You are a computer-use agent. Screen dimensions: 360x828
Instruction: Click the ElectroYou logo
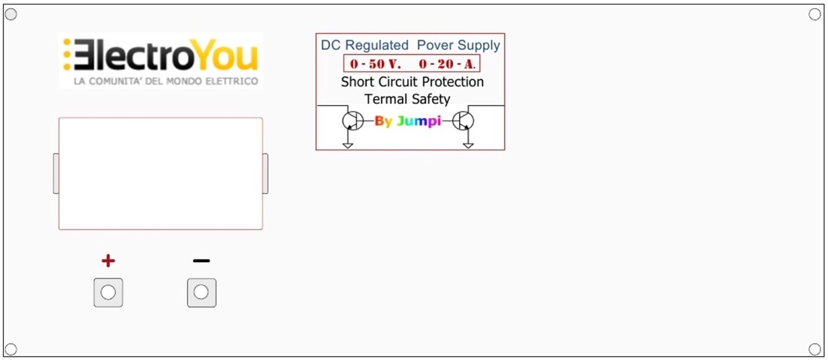pyautogui.click(x=161, y=60)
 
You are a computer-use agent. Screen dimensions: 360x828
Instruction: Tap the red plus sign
pyautogui.click(x=108, y=261)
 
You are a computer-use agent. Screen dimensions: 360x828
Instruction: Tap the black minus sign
pyautogui.click(x=201, y=261)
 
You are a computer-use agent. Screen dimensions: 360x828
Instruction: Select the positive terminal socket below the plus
pyautogui.click(x=108, y=292)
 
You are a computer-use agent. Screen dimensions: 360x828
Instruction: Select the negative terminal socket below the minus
pyautogui.click(x=201, y=292)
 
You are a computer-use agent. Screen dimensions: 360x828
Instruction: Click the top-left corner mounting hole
pyautogui.click(x=11, y=14)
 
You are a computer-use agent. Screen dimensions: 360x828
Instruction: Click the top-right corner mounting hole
pyautogui.click(x=814, y=14)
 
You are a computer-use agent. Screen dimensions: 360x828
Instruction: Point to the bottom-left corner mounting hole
pyautogui.click(x=11, y=349)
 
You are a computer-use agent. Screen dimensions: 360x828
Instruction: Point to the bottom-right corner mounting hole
pyautogui.click(x=814, y=349)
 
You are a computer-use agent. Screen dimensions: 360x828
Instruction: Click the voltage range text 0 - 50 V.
pyautogui.click(x=376, y=64)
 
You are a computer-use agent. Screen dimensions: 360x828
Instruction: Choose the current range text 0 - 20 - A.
pyautogui.click(x=447, y=64)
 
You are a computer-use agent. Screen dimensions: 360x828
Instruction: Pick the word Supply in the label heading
pyautogui.click(x=479, y=45)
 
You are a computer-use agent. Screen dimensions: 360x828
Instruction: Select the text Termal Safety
pyautogui.click(x=407, y=98)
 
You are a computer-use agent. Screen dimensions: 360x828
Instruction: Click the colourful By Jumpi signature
pyautogui.click(x=407, y=121)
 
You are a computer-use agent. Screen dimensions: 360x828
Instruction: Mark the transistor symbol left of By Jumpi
pyautogui.click(x=352, y=121)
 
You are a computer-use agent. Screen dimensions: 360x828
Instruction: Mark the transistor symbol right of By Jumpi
pyautogui.click(x=464, y=121)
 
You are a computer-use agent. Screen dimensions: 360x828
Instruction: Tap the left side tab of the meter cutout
pyautogui.click(x=56, y=174)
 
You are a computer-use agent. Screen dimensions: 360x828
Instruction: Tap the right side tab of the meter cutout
pyautogui.click(x=265, y=174)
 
